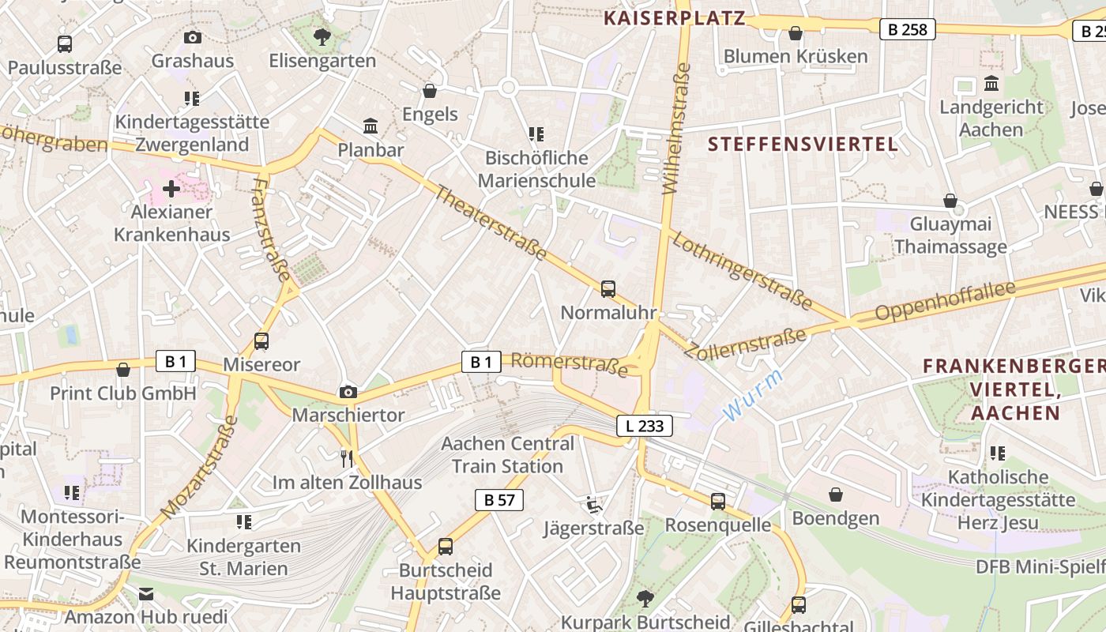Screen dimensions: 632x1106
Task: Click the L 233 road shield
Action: (645, 426)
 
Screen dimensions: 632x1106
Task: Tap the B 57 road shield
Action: (499, 499)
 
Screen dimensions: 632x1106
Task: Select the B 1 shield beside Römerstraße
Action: (481, 362)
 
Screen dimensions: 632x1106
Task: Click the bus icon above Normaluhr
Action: (608, 289)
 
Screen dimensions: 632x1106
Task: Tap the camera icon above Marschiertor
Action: (348, 392)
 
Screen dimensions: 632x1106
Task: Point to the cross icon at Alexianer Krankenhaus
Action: (171, 189)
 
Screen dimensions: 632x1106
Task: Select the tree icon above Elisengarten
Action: (322, 36)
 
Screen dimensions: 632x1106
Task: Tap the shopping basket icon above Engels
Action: (430, 91)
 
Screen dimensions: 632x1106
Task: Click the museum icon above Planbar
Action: (370, 126)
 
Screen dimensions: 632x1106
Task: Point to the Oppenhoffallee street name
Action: (944, 301)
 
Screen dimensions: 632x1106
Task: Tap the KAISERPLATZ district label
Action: (675, 18)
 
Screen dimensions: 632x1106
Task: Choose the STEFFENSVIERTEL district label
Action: (803, 144)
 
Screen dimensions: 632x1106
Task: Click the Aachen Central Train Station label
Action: (507, 455)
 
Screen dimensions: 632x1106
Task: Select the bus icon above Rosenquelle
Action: (717, 502)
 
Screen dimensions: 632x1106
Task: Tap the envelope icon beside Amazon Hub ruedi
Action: (146, 594)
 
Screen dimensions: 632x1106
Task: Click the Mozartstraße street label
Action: (199, 468)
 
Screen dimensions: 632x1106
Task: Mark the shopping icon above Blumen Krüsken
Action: (796, 33)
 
